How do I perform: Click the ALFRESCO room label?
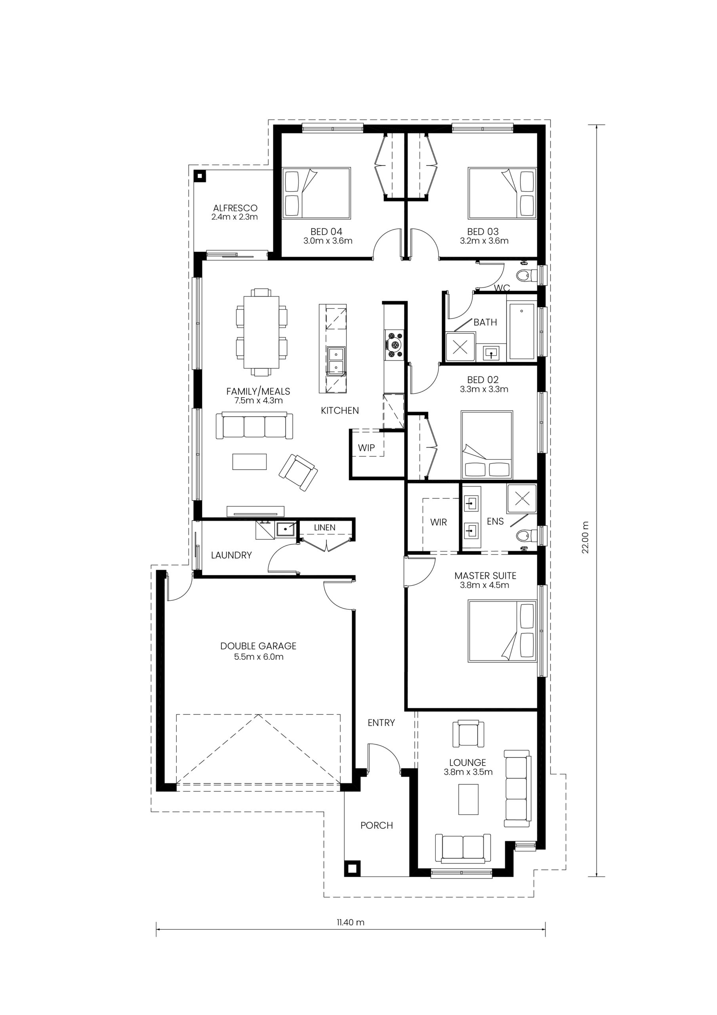click(x=235, y=208)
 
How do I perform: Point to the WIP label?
click(x=366, y=448)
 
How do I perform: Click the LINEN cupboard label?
click(x=325, y=527)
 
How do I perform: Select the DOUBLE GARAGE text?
click(x=258, y=646)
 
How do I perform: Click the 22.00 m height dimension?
click(x=585, y=538)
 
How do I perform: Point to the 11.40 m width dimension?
click(x=350, y=922)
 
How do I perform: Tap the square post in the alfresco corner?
click(x=200, y=176)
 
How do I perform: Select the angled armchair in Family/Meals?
click(x=298, y=472)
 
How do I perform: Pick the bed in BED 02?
click(x=487, y=445)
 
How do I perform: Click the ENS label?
click(x=495, y=522)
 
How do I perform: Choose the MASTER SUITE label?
click(x=486, y=576)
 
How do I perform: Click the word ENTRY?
click(x=381, y=723)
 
